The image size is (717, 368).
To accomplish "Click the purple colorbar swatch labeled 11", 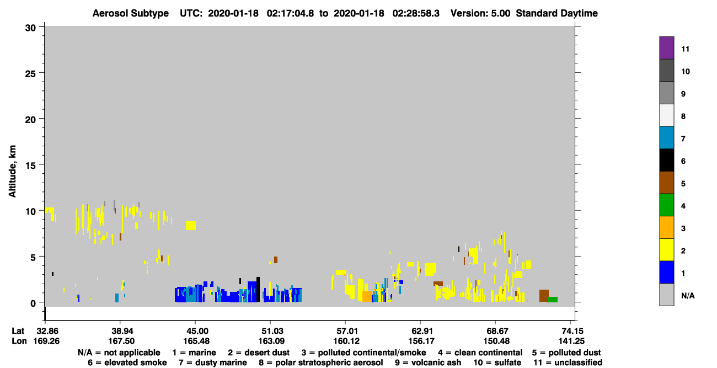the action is click(x=666, y=47).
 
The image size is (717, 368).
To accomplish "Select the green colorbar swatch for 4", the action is click(x=666, y=205).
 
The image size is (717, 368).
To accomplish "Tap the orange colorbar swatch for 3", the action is click(x=666, y=227).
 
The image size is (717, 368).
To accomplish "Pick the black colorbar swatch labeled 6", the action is click(x=666, y=160).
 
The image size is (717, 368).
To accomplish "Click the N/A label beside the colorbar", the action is click(x=688, y=296).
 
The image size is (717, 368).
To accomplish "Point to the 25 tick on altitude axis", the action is click(x=30, y=73).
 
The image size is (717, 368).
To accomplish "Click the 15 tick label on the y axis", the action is click(x=30, y=166).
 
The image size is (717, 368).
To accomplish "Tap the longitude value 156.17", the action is click(x=421, y=341).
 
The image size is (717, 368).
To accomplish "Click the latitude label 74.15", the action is click(x=572, y=331).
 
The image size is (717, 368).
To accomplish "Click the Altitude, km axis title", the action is click(x=12, y=171).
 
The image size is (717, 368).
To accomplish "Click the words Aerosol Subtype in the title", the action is click(x=131, y=13).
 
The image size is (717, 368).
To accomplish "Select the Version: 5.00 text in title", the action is click(x=480, y=13).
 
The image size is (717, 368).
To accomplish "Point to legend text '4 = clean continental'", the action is click(x=480, y=353).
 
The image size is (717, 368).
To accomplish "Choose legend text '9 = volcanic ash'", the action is click(x=428, y=362).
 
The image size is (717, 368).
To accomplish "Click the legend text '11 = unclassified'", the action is click(x=568, y=362).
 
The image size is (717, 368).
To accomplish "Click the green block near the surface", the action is click(x=553, y=300).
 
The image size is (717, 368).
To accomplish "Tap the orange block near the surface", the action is click(x=367, y=297).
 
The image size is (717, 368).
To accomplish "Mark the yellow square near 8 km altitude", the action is click(x=191, y=226).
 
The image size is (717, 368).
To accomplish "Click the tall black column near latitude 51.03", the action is click(x=258, y=290).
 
